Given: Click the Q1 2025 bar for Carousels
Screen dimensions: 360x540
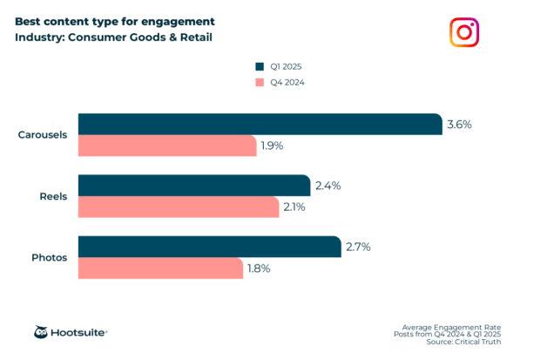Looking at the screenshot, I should [x=260, y=125].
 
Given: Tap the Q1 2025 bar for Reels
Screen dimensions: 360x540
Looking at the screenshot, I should [x=194, y=186].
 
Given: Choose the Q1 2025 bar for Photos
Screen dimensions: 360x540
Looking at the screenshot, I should [x=209, y=247].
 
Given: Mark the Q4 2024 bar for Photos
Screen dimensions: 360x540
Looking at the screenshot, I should [x=160, y=268].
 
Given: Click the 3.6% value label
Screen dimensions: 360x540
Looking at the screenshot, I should [x=459, y=125].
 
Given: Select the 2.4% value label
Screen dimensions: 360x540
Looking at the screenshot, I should [x=327, y=186].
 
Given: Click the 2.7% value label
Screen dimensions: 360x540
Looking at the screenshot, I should [x=358, y=247].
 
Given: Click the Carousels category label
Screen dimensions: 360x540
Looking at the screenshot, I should [x=43, y=135].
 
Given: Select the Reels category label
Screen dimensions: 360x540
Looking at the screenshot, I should [x=54, y=196].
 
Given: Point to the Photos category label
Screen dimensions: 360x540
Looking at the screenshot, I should [x=50, y=258].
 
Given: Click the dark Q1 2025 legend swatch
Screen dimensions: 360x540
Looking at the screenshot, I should [x=259, y=65].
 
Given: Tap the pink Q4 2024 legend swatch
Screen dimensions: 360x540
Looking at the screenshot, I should [x=259, y=83].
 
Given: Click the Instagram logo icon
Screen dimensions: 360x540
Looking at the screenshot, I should [x=464, y=32].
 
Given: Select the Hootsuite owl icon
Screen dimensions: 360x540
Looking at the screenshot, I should [x=41, y=332].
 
